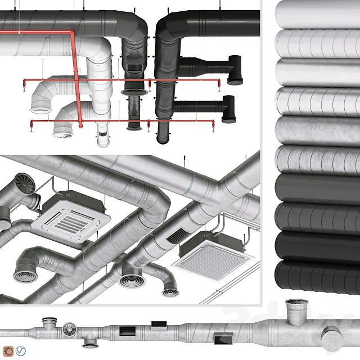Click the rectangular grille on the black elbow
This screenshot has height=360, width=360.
[134, 67]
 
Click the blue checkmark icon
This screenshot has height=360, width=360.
[21, 350]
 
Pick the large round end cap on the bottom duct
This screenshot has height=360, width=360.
[331, 337]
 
